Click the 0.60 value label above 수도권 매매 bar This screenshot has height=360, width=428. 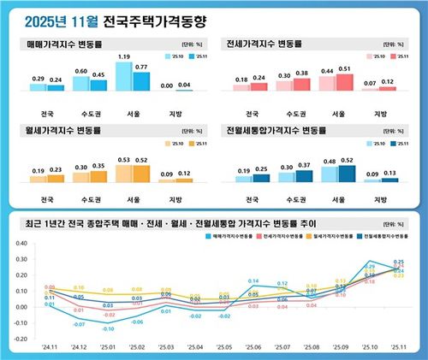click(80, 71)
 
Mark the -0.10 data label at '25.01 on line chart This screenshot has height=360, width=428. click(107, 328)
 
